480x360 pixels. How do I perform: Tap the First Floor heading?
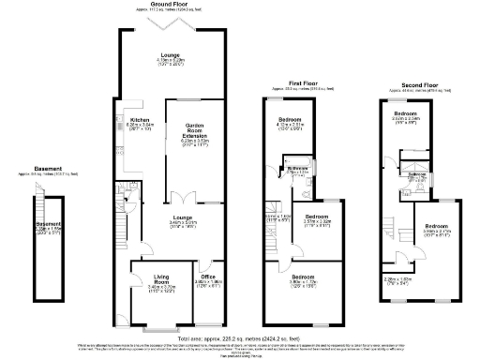pos(303,83)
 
